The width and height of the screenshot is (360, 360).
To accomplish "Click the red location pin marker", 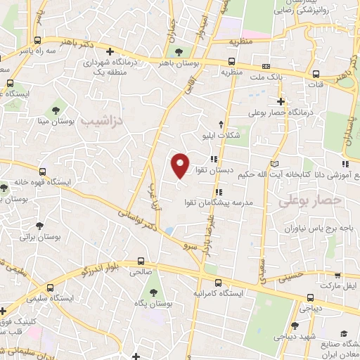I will pos(181,166).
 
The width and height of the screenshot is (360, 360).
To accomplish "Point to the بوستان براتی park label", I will pos(36,238).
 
